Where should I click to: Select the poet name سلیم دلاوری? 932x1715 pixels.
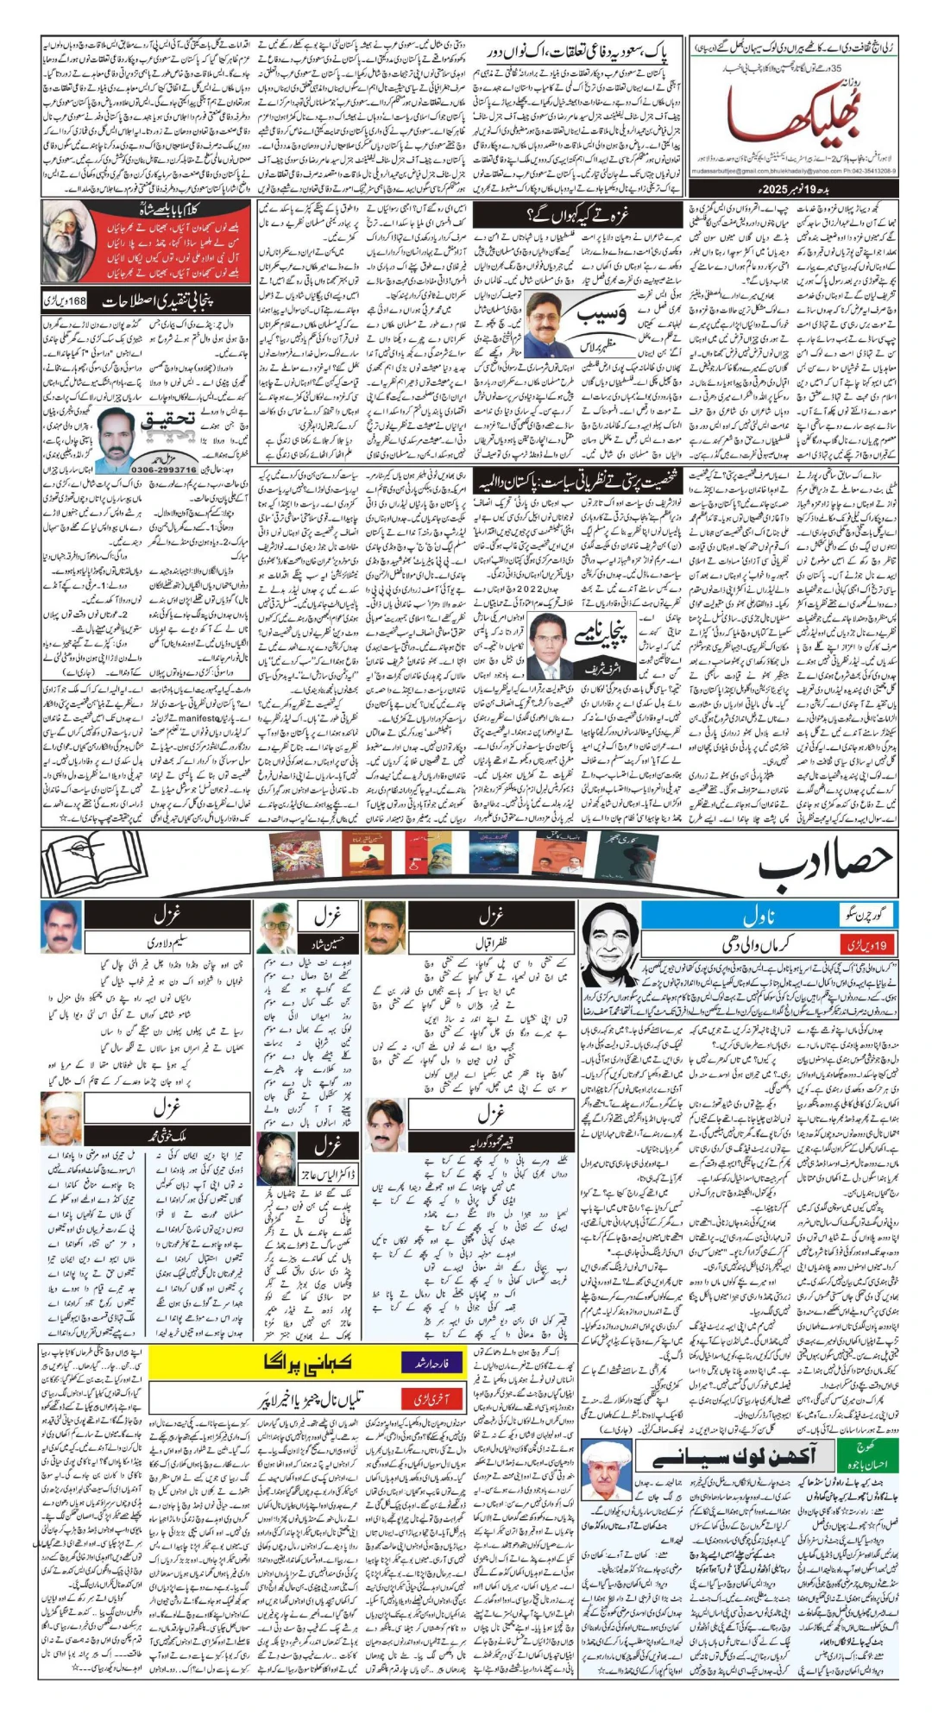pyautogui.click(x=167, y=943)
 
